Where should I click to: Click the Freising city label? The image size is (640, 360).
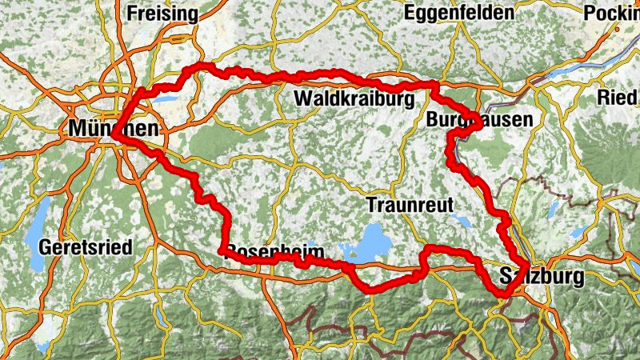click(x=162, y=14)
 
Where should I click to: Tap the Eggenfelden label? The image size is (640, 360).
click(x=458, y=14)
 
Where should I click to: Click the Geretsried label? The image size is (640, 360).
click(x=85, y=247)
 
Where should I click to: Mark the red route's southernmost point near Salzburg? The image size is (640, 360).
click(x=502, y=294)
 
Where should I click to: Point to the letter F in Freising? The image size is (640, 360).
click(x=131, y=14)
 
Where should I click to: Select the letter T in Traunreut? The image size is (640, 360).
click(x=371, y=205)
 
